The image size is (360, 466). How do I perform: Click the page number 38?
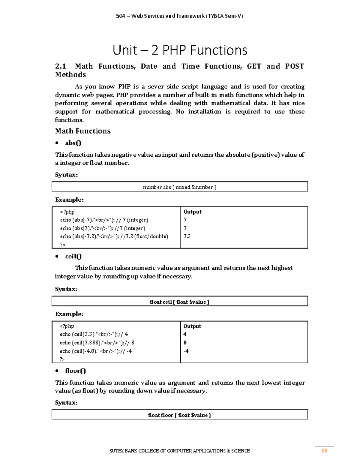324,450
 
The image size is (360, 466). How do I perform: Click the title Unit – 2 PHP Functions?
180,50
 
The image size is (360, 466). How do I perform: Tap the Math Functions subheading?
83,131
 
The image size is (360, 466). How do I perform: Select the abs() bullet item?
73,143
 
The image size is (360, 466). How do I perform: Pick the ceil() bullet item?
73,257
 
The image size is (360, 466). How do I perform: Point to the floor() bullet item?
75,371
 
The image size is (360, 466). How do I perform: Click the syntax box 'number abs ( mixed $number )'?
179,187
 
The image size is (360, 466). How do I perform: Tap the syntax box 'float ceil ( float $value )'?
179,302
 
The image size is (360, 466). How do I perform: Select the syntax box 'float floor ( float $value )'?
179,415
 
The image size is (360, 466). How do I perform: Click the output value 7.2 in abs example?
187,236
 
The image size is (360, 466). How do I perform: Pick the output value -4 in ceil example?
186,351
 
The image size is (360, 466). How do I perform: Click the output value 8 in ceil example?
185,343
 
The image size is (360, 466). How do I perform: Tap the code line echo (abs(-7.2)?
114,236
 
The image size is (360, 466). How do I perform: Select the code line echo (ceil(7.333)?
97,343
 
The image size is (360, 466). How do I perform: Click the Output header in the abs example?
193,212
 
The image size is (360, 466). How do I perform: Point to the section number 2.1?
61,66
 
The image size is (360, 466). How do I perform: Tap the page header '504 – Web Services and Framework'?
179,16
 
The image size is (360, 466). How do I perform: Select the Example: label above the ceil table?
69,314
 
